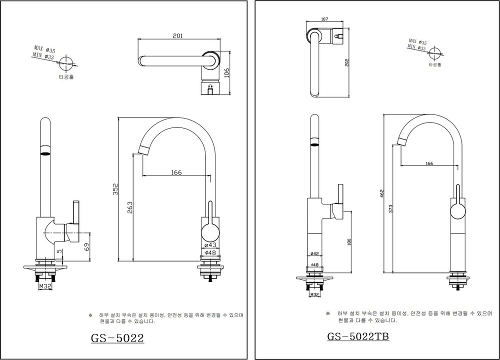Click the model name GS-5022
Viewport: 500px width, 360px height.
(117, 338)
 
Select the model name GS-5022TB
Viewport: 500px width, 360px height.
(358, 336)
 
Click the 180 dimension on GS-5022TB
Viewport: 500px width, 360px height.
(348, 242)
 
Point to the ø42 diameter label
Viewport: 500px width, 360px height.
(314, 253)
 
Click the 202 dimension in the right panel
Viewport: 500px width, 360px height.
(347, 62)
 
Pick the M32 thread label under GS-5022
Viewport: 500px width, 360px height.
(44, 287)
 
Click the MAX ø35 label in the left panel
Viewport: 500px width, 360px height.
(45, 48)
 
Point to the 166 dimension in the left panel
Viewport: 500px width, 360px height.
(176, 172)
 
